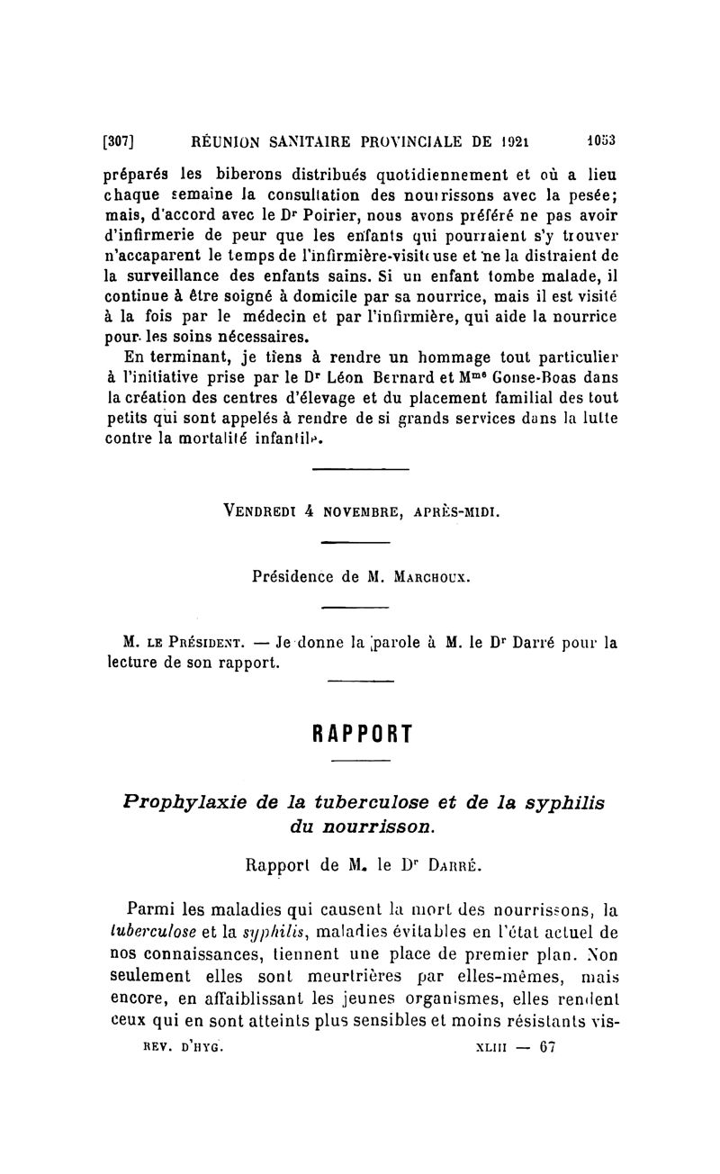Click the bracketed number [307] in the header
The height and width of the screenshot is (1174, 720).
pyautogui.click(x=118, y=140)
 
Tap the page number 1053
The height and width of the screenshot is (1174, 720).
pyautogui.click(x=594, y=140)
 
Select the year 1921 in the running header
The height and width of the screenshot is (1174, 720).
pyautogui.click(x=514, y=140)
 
